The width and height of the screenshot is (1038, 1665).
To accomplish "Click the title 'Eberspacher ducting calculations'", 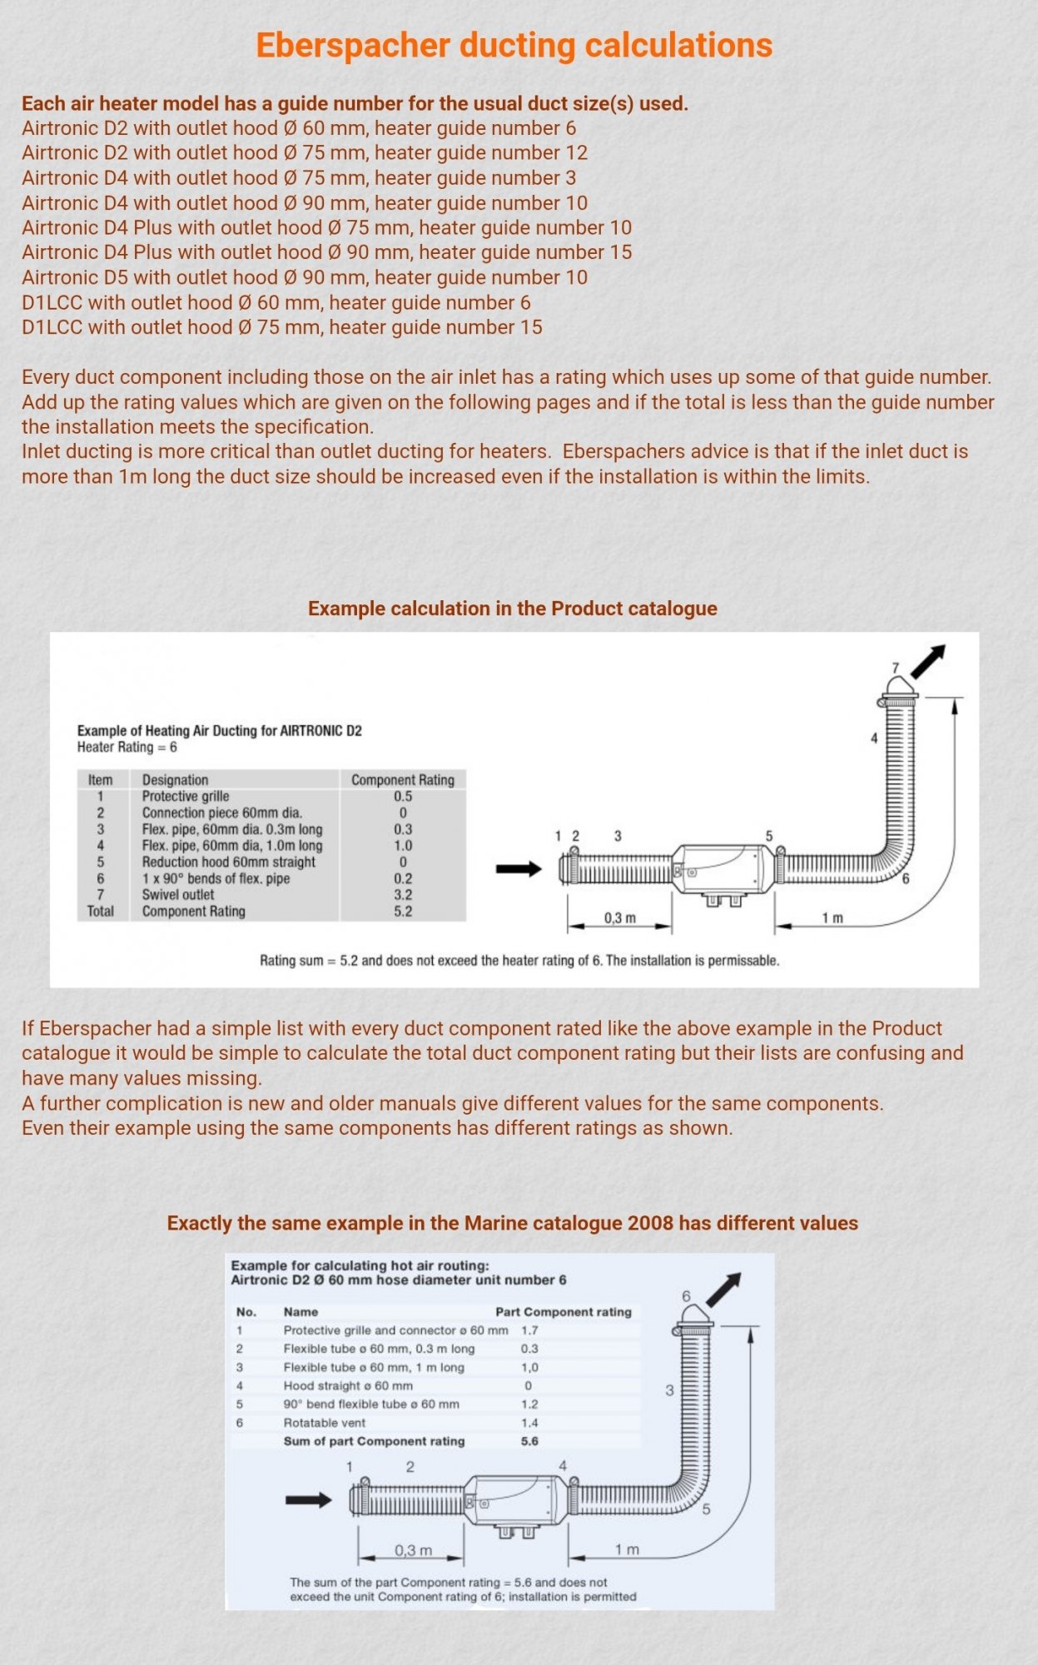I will [514, 46].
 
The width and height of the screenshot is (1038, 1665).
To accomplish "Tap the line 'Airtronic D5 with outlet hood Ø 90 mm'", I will [304, 277].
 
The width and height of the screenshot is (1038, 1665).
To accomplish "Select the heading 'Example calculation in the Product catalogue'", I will [512, 609].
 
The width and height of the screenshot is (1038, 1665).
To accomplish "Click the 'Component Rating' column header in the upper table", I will [403, 780].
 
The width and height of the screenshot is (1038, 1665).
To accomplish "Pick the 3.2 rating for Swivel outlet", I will [403, 895].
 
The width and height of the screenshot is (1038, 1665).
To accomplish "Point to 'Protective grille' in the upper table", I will [185, 796].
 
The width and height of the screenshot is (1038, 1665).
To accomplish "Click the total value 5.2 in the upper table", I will [403, 912].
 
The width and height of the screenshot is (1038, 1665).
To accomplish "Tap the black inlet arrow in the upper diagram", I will [518, 869].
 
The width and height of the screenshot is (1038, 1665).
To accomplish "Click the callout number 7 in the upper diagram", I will [896, 668].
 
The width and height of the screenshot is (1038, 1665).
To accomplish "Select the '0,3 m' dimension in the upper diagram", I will [619, 917].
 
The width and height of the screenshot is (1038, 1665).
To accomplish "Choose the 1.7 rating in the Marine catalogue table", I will [529, 1330].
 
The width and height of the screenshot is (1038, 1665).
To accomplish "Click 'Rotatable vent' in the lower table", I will [324, 1423].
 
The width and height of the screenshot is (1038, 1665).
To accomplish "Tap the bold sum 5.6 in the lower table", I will [529, 1441].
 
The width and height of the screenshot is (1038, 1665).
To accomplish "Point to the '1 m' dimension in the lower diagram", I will [627, 1549].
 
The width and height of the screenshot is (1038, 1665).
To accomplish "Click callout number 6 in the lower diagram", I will [686, 1296].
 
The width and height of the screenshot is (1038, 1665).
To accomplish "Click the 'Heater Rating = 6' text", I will [127, 747].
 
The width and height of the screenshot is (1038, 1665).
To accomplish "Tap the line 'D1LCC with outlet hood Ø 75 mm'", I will [281, 327].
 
